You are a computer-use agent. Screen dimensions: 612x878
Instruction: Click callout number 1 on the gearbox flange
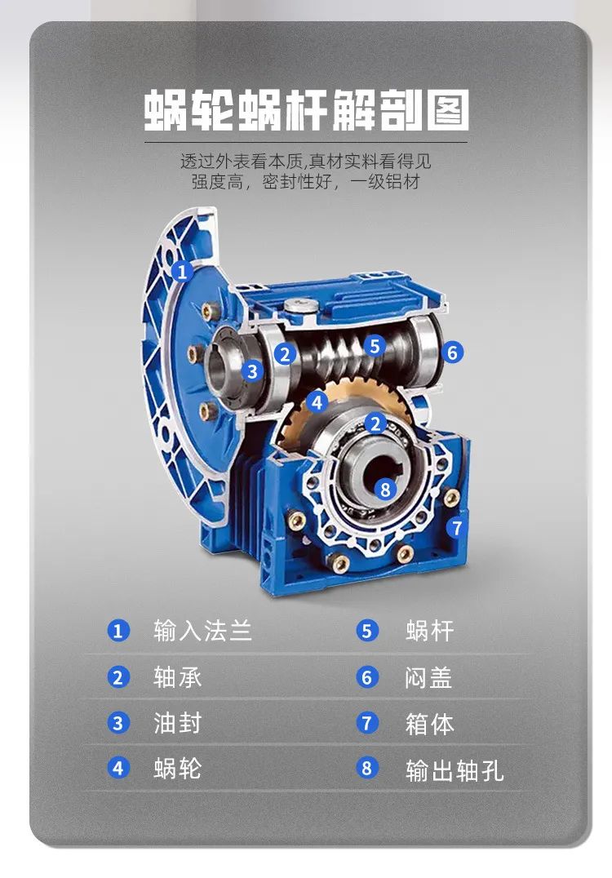181,273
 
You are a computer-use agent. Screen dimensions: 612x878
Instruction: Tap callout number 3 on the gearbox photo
252,370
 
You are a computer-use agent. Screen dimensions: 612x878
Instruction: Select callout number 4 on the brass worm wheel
317,402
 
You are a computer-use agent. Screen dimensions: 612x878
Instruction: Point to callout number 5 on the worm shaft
375,346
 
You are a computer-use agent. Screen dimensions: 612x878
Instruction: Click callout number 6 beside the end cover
452,353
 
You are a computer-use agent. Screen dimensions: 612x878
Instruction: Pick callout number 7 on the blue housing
457,527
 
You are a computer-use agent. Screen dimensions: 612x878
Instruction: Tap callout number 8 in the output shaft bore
384,490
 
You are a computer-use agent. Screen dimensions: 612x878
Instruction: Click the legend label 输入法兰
202,631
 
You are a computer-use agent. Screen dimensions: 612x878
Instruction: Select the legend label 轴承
178,677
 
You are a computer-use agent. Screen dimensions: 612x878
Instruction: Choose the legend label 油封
178,723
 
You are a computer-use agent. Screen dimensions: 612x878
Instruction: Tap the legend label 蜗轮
178,768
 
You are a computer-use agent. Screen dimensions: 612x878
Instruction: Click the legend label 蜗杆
429,631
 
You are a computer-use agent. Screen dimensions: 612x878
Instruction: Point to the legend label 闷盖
428,677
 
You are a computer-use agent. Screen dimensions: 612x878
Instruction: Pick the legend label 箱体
429,724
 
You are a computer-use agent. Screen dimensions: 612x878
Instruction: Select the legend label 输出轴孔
455,770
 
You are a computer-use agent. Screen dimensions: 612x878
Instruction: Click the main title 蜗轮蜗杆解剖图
306,110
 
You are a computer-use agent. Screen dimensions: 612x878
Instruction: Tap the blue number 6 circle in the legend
366,677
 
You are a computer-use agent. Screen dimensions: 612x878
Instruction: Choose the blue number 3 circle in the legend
118,723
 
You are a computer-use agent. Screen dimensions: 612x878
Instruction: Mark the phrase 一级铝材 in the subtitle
384,182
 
